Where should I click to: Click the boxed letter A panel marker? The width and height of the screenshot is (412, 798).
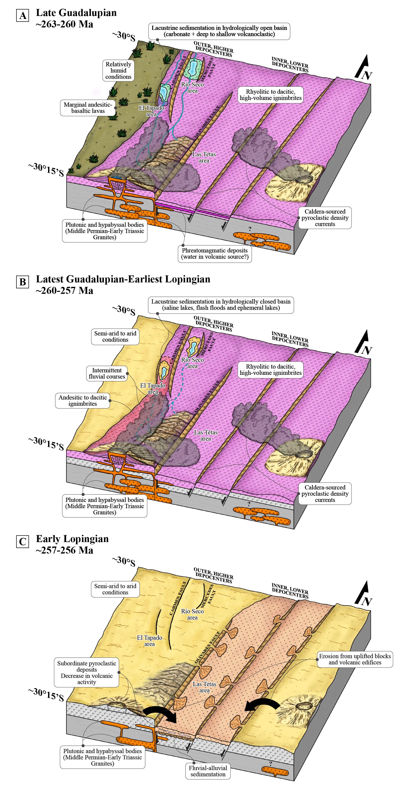click(x=23, y=15)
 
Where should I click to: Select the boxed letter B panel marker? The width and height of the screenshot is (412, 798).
click(x=23, y=282)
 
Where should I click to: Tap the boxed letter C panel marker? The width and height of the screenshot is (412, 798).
click(x=23, y=542)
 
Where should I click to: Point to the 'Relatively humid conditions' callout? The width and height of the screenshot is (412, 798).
click(x=118, y=71)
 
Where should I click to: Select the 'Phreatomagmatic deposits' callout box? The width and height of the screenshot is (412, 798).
click(x=214, y=254)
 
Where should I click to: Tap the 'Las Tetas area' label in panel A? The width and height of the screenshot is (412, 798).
click(x=204, y=157)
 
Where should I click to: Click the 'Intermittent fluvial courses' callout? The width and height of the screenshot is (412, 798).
click(x=107, y=373)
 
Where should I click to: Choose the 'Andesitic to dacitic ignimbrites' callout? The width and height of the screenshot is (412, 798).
click(x=83, y=400)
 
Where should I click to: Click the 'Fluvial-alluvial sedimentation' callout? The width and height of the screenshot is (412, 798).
click(x=208, y=771)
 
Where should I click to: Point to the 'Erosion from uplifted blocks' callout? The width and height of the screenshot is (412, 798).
click(x=355, y=659)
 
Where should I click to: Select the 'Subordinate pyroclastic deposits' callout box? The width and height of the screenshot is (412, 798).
click(x=87, y=673)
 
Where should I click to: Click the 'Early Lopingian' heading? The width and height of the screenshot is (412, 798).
click(x=72, y=539)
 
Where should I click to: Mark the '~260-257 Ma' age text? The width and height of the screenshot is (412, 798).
click(x=64, y=291)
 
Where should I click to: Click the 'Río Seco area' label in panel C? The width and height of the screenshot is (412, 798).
click(x=192, y=614)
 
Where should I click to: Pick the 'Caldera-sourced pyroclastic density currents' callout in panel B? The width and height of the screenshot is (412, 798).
click(x=325, y=493)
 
